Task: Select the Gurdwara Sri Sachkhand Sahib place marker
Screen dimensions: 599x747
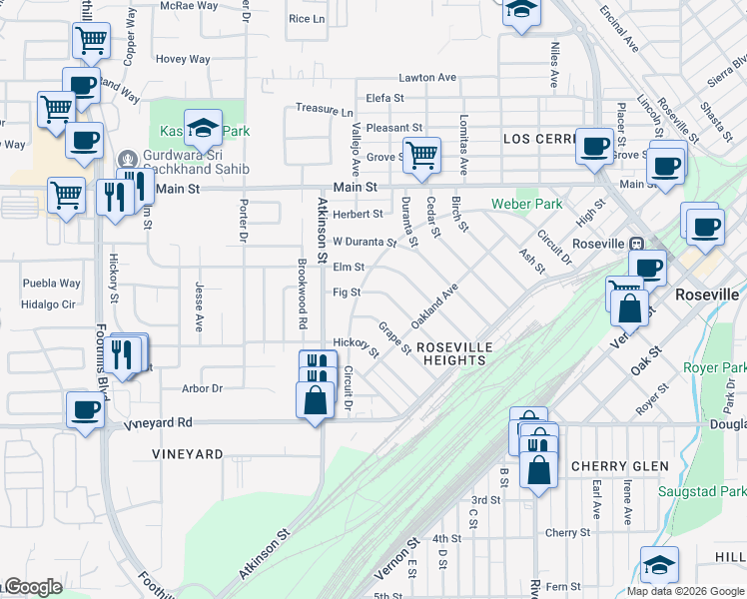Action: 128,159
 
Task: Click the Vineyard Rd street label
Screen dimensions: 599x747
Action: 157,423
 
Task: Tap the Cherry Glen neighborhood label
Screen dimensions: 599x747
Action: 619,466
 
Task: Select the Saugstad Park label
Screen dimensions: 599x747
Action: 702,491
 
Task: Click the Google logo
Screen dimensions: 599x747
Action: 32,587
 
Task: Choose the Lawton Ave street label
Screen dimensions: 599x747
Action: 427,78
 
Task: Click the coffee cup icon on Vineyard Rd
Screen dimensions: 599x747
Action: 84,408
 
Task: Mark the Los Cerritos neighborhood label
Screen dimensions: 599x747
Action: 539,138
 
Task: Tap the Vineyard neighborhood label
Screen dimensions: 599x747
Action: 188,454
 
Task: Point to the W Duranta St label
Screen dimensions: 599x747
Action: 365,242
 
